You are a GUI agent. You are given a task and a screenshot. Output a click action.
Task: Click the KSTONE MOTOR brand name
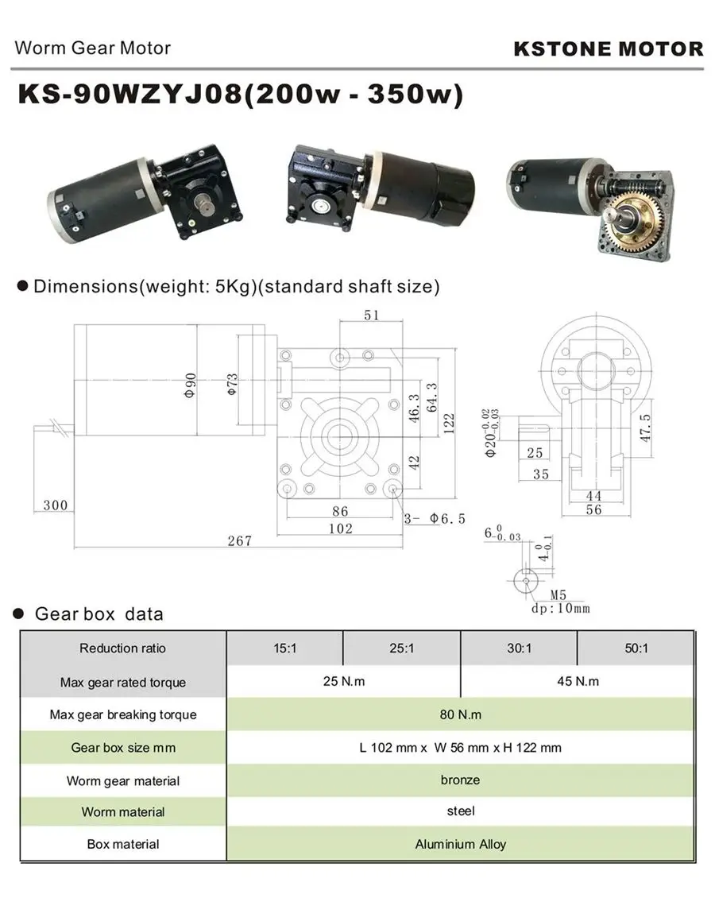point(608,48)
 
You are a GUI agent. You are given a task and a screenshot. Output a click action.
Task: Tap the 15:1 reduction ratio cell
point(284,648)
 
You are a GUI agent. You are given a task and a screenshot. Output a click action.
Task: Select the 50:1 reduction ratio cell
point(636,648)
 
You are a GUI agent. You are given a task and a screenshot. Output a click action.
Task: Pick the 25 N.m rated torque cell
point(343,681)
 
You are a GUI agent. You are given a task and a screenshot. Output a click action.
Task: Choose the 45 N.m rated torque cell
point(578,681)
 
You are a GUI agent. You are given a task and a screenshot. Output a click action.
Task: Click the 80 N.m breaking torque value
point(460,714)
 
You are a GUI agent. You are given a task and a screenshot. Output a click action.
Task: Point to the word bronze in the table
point(460,780)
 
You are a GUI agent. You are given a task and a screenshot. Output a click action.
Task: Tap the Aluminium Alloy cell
point(460,844)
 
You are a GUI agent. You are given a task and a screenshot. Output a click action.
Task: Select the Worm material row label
point(123,812)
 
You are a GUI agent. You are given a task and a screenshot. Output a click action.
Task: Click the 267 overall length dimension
point(238,541)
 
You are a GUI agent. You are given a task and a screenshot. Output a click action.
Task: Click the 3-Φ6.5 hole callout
point(435,519)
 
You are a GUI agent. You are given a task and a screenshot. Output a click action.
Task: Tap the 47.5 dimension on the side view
point(646,427)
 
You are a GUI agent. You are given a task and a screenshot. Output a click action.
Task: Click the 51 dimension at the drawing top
point(371,315)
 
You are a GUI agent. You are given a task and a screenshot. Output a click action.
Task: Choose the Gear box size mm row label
point(123,747)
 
